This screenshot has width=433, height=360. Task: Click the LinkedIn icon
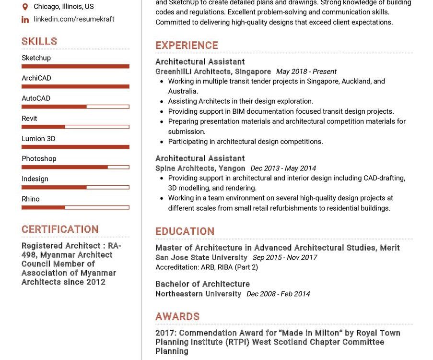pos(25,19)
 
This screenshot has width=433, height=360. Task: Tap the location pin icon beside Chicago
pos(25,7)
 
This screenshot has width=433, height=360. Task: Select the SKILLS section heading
pos(39,41)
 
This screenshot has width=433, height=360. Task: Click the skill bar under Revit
pos(75,127)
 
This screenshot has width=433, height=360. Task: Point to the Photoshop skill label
pos(39,158)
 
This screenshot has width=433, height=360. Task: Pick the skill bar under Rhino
pos(75,207)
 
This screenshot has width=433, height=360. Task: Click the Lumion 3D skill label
pos(38,138)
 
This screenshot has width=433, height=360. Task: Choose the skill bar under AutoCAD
pos(75,107)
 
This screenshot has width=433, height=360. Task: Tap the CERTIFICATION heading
pos(60,229)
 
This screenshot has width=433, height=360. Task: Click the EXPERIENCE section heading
pos(187,46)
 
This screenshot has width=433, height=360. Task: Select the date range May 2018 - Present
pos(306,72)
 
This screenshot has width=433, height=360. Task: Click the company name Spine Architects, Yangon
pos(200,168)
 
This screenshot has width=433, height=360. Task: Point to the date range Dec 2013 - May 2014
pos(283,168)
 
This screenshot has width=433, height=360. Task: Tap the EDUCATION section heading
pos(185,231)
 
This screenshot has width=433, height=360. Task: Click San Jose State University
pos(201,257)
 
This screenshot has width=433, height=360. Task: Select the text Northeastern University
pos(198,294)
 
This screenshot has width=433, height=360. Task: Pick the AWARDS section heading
pos(177,317)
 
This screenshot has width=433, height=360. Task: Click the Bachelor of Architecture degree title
pos(202,284)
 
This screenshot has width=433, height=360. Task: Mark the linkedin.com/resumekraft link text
pos(74,19)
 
